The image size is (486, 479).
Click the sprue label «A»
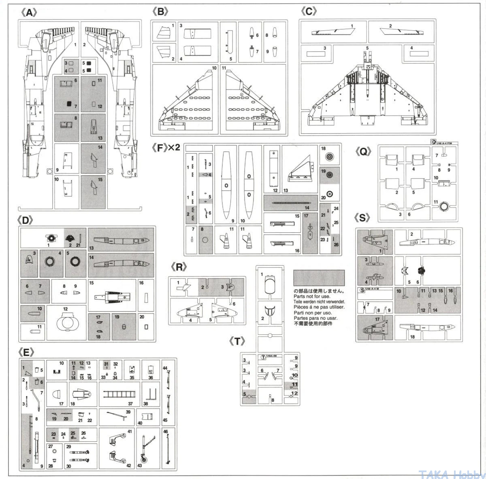click(28, 13)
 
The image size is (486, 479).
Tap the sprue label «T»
click(236, 341)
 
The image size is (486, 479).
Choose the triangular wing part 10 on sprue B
click(185, 107)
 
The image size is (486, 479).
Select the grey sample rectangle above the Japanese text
click(319, 278)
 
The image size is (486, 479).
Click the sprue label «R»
click(179, 267)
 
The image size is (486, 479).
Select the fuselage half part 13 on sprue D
click(121, 240)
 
